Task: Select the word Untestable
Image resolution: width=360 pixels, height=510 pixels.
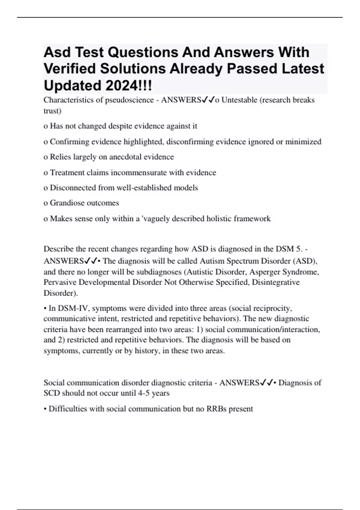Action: tap(239, 100)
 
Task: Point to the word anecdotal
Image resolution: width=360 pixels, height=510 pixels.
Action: tap(125, 157)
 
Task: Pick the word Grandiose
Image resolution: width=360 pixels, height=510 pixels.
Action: tap(67, 203)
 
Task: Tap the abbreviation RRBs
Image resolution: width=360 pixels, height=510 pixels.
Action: tap(216, 409)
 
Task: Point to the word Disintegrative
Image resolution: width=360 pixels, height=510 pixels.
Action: tap(276, 282)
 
